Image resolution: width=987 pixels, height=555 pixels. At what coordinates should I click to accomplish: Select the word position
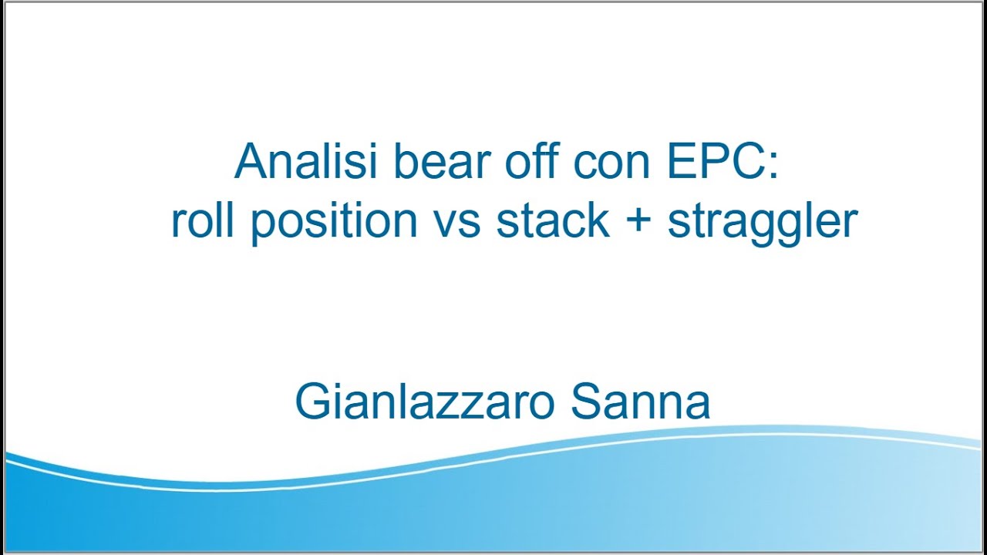[x=335, y=222]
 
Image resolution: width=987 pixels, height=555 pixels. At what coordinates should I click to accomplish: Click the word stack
[x=553, y=220]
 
